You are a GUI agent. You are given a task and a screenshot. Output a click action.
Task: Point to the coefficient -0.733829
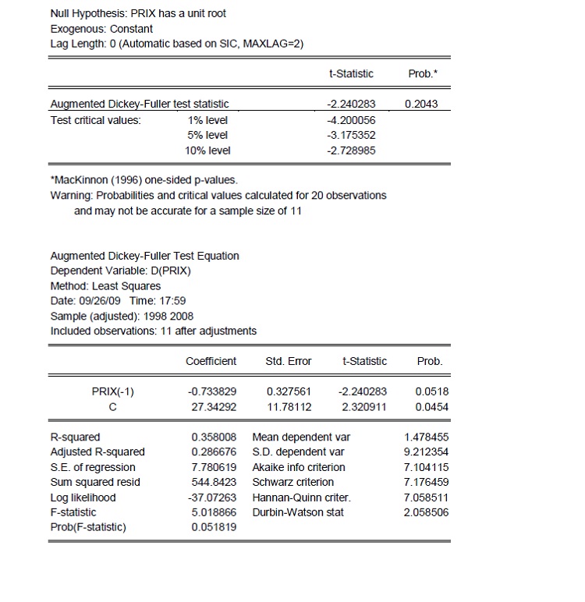point(211,391)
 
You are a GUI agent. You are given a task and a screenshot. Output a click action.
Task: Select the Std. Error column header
point(289,361)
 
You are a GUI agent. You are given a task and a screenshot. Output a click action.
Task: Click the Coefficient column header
point(211,361)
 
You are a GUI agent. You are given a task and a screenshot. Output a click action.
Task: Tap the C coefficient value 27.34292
point(212,406)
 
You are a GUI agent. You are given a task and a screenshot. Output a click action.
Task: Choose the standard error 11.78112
point(289,406)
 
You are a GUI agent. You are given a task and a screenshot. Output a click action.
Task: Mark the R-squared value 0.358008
point(214,437)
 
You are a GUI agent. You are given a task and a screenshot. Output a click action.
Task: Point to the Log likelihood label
point(83,498)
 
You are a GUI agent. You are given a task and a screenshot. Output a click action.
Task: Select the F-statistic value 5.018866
point(214,512)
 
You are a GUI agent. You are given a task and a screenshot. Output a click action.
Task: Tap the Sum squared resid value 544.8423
point(214,482)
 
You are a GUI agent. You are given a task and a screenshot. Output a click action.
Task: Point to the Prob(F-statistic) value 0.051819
point(214,527)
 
